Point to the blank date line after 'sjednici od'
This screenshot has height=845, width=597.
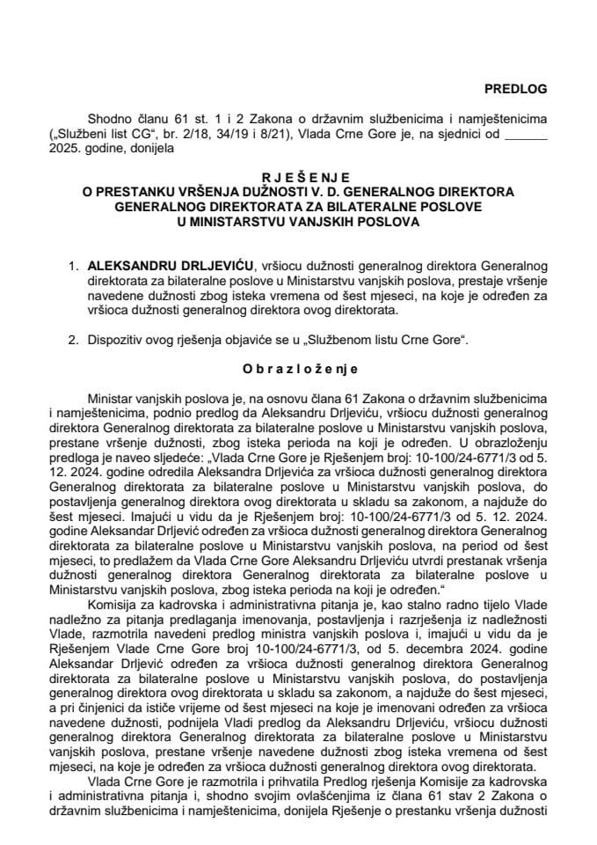[528, 134]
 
